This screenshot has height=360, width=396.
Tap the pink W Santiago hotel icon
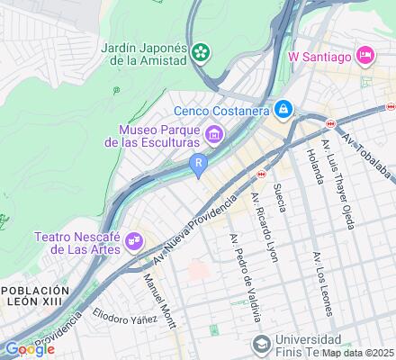365,56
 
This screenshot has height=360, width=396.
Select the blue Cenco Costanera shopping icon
283,109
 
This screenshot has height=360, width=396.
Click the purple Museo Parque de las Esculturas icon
214,136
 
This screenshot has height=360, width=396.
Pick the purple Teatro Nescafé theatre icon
134,240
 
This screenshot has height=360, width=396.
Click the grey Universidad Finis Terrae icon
261,343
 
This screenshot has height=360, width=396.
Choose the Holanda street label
312,166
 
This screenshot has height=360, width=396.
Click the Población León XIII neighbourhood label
34,297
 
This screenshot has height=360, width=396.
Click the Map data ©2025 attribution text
358,353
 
